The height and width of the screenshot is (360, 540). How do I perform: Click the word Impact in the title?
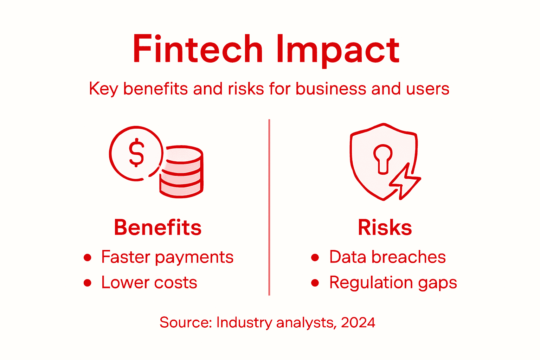point(337,50)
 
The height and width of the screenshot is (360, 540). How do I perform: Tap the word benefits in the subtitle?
point(156,89)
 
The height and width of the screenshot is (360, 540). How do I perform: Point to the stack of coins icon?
point(181,172)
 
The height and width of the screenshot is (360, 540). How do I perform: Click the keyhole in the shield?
point(382,159)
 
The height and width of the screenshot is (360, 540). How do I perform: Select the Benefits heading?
point(157,227)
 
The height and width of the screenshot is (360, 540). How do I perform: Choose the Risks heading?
point(385,227)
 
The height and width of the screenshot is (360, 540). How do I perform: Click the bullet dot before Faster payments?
point(88,258)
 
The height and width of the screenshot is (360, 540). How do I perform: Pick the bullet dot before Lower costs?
point(88,283)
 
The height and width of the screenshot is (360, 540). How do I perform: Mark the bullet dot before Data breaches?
point(315,258)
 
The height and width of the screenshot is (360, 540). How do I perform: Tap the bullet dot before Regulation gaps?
point(315,283)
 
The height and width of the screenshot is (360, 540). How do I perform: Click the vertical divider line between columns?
point(269,207)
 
